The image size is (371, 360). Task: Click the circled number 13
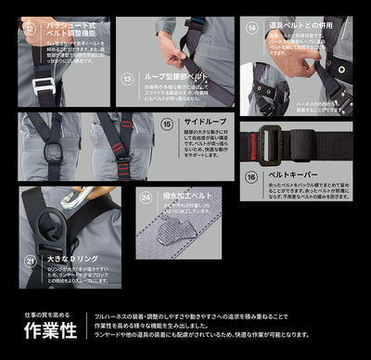127,79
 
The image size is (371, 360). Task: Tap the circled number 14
253,28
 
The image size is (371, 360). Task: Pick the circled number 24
145,196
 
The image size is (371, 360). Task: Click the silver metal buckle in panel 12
41,85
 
